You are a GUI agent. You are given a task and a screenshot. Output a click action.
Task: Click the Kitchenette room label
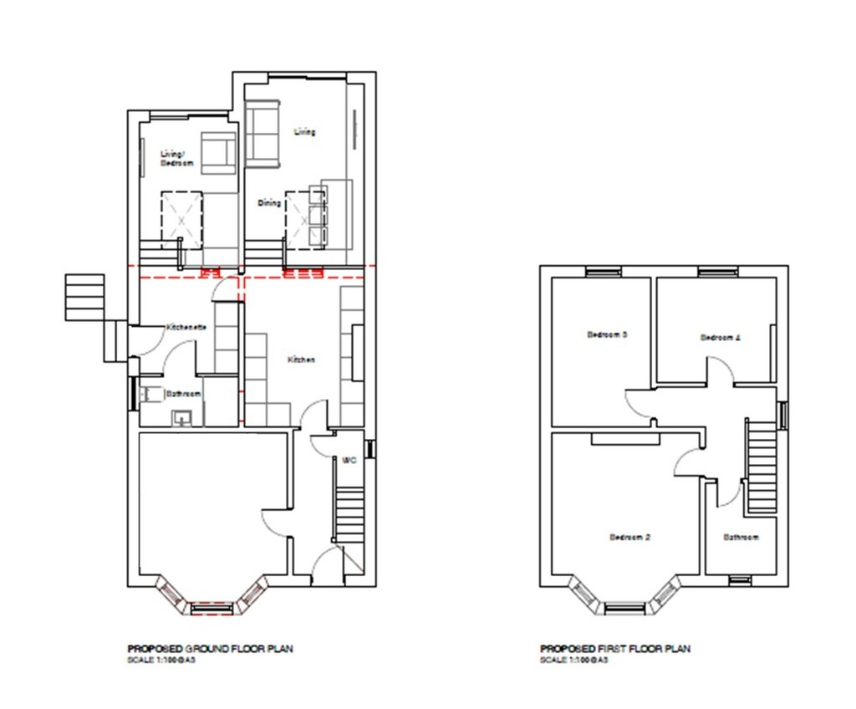186,327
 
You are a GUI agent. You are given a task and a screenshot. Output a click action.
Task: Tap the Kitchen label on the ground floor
301,360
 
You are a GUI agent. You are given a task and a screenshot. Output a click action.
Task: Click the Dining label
269,203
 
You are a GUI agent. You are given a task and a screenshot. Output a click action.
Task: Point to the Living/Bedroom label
176,158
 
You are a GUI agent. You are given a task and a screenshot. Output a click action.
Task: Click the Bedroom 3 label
607,334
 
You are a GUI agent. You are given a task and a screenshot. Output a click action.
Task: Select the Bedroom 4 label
720,338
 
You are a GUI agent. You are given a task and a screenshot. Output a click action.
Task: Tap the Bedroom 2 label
629,537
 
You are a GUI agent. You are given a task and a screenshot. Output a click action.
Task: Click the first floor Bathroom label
741,537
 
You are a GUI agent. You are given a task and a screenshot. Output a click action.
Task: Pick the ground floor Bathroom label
182,393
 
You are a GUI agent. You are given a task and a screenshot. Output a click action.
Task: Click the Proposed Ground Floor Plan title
210,649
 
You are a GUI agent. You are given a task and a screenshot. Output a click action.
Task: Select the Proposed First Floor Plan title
615,649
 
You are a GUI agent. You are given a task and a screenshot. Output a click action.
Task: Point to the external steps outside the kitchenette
84,297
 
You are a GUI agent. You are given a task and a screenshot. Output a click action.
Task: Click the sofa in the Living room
262,132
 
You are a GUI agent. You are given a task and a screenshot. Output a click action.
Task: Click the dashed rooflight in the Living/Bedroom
181,217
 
